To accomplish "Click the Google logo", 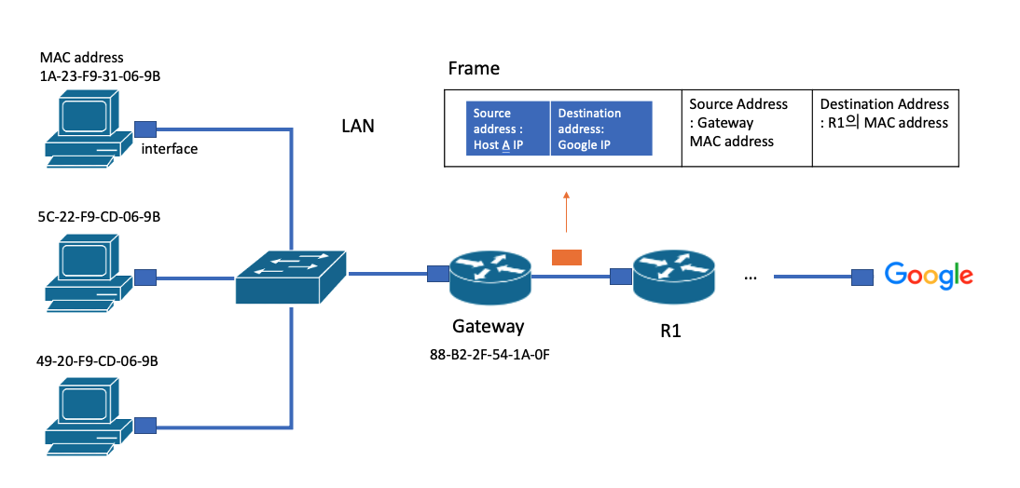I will pos(928,276).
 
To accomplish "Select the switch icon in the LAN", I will pos(290,277).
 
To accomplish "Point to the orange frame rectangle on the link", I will pos(566,257).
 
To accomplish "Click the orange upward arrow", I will pos(566,211).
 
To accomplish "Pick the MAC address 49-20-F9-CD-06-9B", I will pos(97,360).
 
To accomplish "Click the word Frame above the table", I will pos(474,69).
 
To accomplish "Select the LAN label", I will pos(358,127).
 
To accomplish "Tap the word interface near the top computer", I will pos(169,149).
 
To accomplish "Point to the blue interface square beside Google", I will pos(862,277).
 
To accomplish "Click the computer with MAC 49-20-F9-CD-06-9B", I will pos(84,414).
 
